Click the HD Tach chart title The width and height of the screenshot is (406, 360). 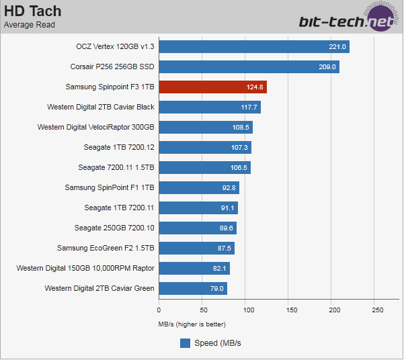click(32, 11)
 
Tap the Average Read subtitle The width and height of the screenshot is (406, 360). click(30, 26)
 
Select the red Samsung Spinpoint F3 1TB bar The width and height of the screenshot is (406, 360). click(212, 87)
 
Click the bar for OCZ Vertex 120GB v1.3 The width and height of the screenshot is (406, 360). click(254, 46)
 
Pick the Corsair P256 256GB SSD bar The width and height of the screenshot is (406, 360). click(249, 66)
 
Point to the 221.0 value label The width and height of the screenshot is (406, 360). click(337, 47)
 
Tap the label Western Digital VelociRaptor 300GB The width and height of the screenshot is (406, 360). click(96, 127)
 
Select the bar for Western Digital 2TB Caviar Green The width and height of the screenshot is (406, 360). click(193, 288)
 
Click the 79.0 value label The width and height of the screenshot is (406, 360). click(215, 289)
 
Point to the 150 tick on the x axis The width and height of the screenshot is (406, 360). click(291, 310)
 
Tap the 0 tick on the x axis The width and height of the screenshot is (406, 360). click(159, 310)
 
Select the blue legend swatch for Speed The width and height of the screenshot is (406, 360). click(186, 343)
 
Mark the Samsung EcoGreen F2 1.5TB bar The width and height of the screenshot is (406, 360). click(196, 248)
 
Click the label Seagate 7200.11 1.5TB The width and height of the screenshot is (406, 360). click(116, 167)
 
